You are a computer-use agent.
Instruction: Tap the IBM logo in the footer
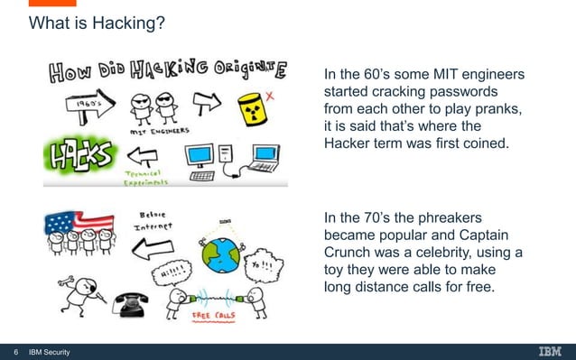[551, 351]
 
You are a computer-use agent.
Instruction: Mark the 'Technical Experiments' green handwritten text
[121, 175]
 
